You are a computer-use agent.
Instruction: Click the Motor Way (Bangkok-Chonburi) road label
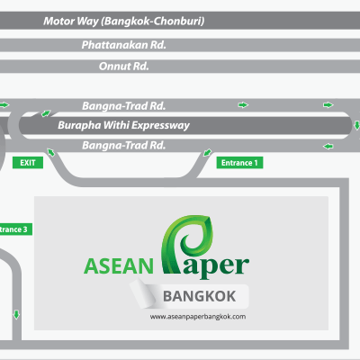tap(124, 21)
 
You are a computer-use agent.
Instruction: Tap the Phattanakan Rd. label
tap(124, 45)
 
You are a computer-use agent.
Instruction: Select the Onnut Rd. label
tap(124, 66)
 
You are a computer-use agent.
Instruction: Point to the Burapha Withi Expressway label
tap(123, 125)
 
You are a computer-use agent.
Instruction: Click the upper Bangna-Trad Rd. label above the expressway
tap(124, 105)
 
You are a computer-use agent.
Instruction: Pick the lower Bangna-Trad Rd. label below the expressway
tap(124, 145)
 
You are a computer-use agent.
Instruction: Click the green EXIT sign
tap(28, 163)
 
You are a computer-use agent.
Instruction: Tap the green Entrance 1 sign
tap(239, 163)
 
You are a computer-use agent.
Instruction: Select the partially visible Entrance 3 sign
tap(16, 229)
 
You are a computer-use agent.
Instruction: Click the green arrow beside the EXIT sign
tap(51, 152)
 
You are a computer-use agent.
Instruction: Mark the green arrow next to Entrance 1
tap(207, 152)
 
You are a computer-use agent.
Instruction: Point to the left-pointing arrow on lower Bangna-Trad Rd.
tap(328, 147)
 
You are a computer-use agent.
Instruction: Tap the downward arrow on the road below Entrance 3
tap(16, 315)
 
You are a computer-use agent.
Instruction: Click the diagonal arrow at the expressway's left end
tap(46, 113)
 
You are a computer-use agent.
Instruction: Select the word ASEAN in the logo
tap(119, 266)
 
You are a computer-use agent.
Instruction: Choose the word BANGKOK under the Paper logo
tap(200, 296)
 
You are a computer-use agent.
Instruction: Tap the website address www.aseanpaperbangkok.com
tap(198, 317)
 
